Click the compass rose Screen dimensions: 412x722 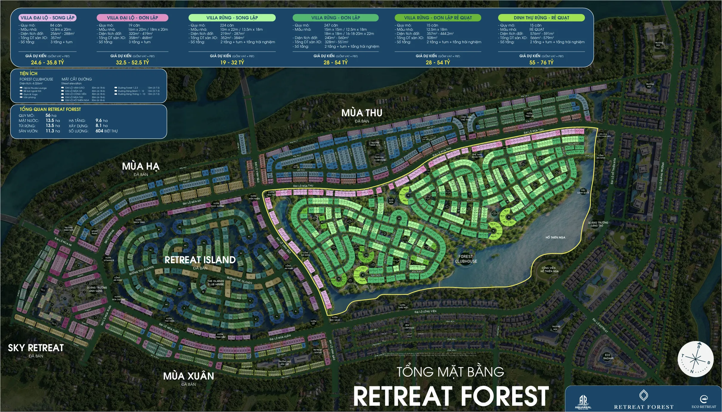coord(695,359)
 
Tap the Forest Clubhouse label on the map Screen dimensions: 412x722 coord(466,259)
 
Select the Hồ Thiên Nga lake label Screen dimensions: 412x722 coord(555,238)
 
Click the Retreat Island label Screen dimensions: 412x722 coord(200,260)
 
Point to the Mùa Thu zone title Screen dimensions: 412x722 coord(362,113)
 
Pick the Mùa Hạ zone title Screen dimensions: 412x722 coord(141,166)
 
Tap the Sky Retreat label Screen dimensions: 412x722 coord(36,348)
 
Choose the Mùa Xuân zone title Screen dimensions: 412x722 coord(188,376)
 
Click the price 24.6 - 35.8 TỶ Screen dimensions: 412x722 coord(47,62)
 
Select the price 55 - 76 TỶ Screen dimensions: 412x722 coord(541,62)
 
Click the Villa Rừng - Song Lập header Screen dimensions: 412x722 coord(232,18)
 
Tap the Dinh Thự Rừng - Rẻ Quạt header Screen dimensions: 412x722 coord(541,18)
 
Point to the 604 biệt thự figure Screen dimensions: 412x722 coord(106,131)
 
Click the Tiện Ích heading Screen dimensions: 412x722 coord(29,73)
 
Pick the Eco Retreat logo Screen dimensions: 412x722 coord(704,402)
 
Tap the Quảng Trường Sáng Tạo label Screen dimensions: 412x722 coord(598,224)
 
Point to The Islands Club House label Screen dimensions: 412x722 coord(216,283)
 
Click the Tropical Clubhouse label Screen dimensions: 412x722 coord(379,159)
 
